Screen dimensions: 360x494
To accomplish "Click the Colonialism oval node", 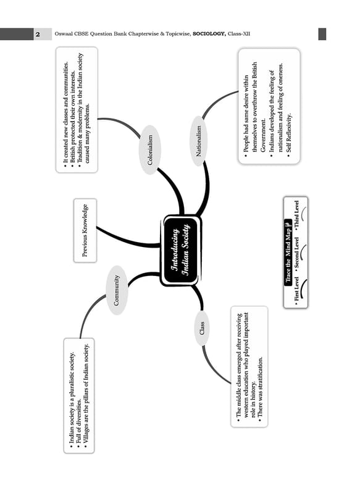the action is coord(150,150).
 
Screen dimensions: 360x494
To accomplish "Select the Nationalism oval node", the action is coord(198,141).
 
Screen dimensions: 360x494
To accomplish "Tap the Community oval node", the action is coord(117,290).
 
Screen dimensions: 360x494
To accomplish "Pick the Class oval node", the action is coord(202,328).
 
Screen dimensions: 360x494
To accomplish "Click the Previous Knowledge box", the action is coord(85,230).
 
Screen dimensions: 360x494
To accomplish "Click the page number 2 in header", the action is coord(38,34).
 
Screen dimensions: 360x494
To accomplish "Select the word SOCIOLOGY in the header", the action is coord(209,34).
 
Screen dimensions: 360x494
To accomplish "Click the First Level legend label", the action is coord(296,290).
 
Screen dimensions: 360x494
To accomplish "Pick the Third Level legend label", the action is coord(296,214).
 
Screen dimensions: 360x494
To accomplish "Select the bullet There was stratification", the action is coord(260,387).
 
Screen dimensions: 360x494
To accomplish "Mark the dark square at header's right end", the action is coord(322,34).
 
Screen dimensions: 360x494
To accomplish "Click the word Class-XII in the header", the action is coord(239,34).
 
